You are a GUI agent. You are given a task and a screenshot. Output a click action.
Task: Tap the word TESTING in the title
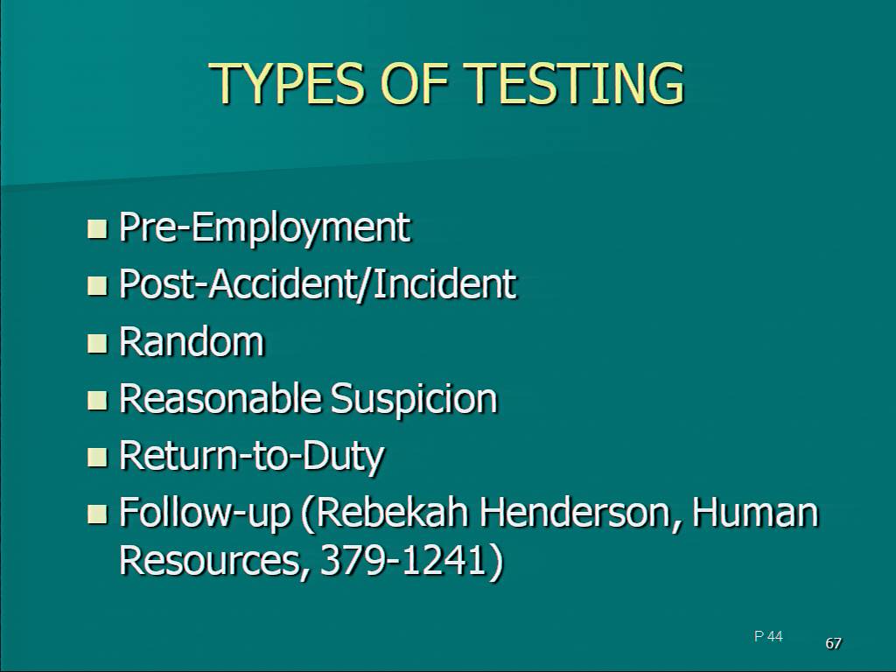(x=576, y=83)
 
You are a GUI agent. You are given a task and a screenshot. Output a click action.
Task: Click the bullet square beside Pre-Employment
(x=97, y=228)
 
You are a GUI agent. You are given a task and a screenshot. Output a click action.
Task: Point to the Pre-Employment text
(x=264, y=227)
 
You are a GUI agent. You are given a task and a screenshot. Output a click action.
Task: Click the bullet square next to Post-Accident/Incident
(x=97, y=285)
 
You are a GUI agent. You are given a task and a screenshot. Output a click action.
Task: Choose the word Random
(x=192, y=341)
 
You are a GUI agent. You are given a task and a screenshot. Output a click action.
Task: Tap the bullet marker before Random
(x=97, y=343)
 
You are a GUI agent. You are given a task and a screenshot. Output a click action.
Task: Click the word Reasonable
(x=219, y=398)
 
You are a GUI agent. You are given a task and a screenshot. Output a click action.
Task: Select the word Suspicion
(x=414, y=399)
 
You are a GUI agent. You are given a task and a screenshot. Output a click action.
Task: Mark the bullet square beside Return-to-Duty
(x=97, y=457)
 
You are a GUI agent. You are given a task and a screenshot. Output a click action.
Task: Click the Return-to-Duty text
(x=251, y=457)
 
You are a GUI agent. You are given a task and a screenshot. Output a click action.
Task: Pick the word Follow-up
(x=205, y=513)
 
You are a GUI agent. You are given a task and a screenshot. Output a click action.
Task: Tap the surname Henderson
(x=581, y=513)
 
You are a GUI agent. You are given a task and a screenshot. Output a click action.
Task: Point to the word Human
(x=755, y=511)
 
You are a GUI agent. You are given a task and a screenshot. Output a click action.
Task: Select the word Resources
(x=210, y=559)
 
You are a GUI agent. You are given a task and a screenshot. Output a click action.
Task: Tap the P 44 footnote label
(x=768, y=636)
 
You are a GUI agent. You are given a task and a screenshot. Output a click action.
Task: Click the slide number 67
(x=834, y=643)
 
